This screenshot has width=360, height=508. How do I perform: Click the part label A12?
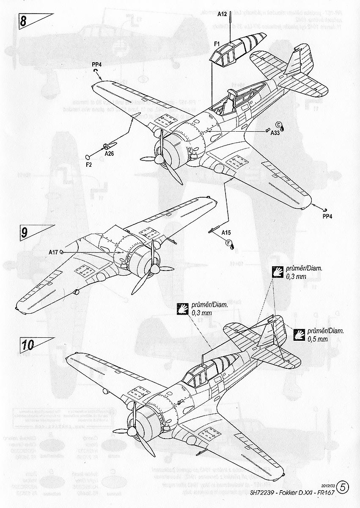[x=223, y=14]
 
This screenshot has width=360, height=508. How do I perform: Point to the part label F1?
[x=216, y=44]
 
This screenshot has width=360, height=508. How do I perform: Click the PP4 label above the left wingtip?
[x=97, y=64]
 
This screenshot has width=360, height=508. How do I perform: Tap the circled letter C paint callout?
[x=278, y=124]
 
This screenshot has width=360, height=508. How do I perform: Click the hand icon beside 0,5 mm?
[x=300, y=334]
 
